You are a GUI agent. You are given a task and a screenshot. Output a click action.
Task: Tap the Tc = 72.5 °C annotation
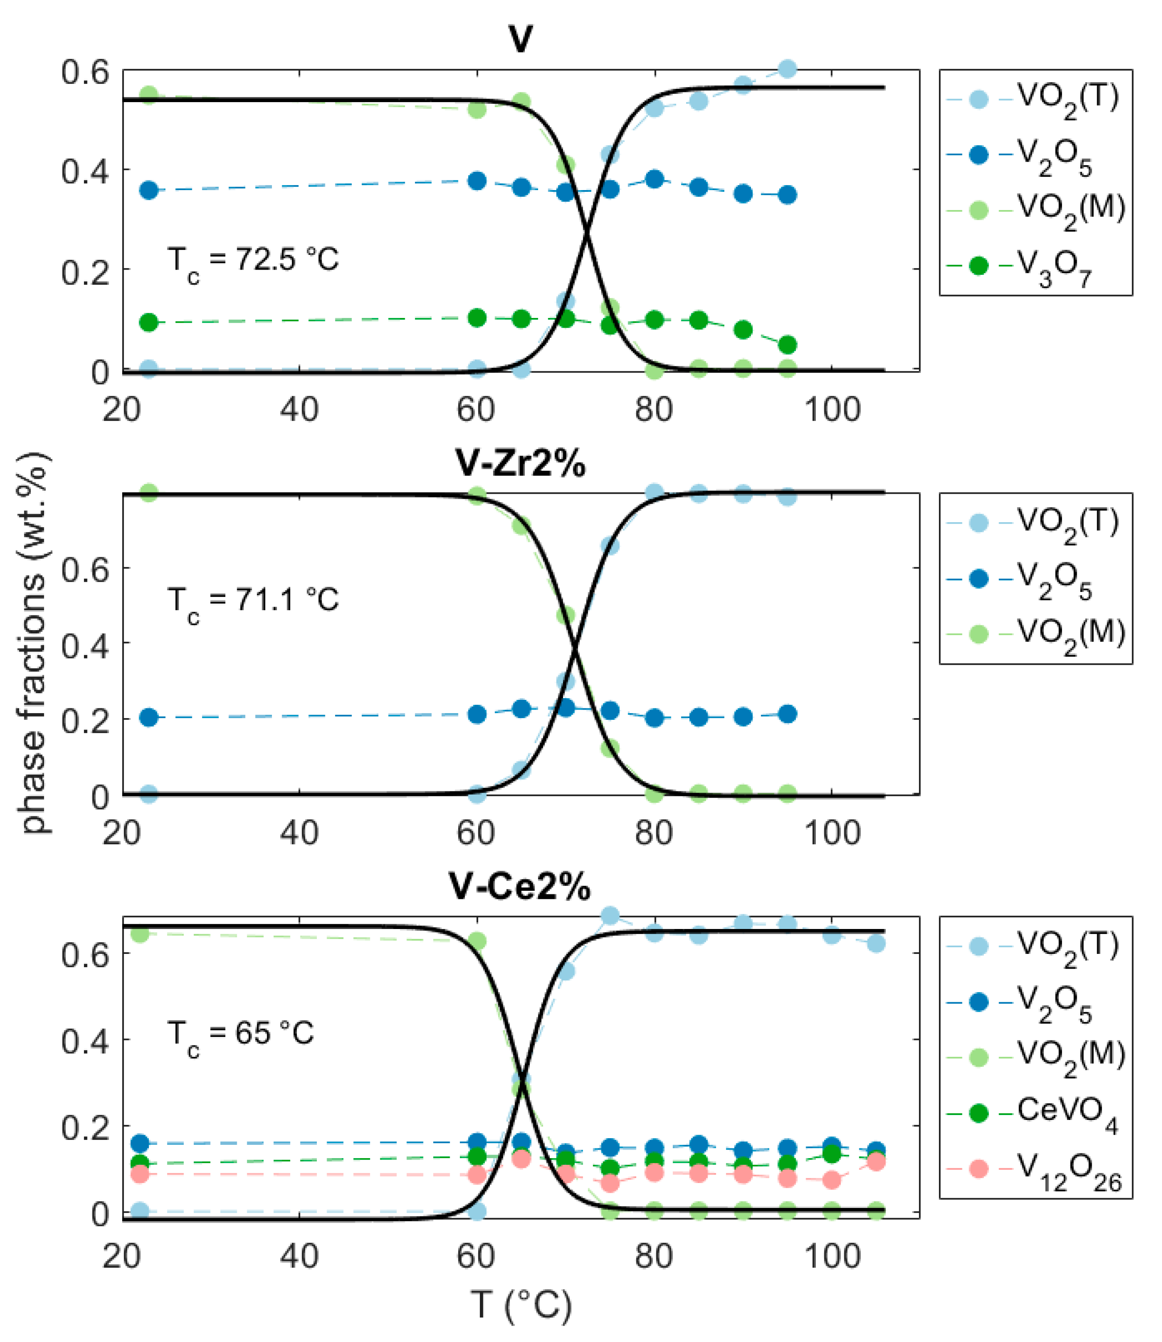[253, 261]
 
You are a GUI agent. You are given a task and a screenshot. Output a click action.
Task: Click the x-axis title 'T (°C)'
[521, 1304]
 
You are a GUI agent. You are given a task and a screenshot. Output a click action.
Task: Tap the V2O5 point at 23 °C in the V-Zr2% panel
[148, 717]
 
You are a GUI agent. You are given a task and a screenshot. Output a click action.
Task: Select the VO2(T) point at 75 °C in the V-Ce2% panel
[610, 916]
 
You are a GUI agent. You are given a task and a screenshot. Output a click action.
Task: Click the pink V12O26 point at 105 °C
[876, 1162]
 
